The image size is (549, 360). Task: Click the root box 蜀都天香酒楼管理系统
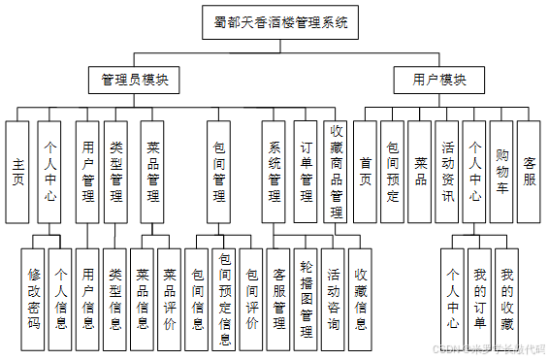coord(277,21)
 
